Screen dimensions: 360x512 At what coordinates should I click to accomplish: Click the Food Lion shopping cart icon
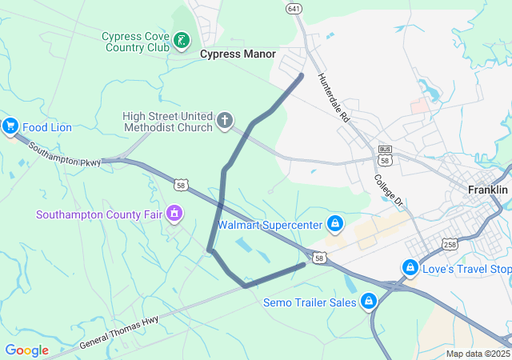(10, 126)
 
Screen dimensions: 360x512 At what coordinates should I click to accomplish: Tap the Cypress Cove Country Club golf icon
(182, 39)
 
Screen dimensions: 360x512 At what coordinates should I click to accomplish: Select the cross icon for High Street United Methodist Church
(225, 122)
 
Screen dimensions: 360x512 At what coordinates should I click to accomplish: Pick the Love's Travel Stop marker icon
(410, 266)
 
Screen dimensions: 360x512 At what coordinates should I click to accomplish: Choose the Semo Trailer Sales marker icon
(369, 302)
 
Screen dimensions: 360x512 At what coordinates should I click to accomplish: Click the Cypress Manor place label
(238, 54)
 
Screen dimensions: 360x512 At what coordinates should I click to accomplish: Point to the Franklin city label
(488, 190)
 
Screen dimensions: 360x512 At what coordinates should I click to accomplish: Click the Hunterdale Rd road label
(334, 98)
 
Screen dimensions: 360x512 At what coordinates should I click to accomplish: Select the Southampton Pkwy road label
(65, 154)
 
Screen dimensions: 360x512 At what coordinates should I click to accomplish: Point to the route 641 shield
(294, 8)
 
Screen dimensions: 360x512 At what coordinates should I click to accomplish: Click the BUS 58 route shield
(386, 156)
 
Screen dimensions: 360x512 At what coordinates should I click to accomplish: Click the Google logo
(26, 350)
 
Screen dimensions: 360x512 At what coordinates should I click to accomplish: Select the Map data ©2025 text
(477, 354)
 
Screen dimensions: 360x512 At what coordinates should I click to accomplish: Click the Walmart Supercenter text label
(270, 225)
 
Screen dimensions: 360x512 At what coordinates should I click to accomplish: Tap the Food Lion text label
(47, 127)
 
